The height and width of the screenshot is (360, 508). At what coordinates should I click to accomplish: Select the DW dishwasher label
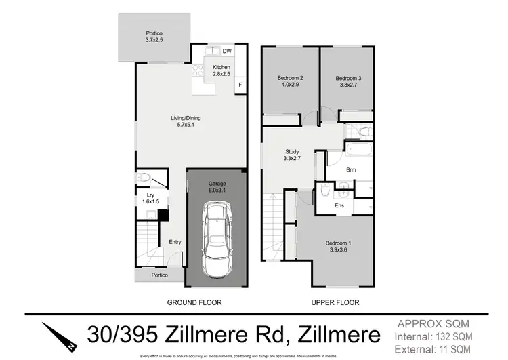click(x=227, y=51)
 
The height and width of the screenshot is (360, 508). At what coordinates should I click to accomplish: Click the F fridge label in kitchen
click(x=239, y=85)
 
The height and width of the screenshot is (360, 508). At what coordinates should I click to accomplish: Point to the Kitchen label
click(x=221, y=71)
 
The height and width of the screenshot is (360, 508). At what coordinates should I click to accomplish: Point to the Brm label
click(x=351, y=170)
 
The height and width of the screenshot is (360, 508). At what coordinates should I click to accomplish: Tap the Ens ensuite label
click(x=340, y=205)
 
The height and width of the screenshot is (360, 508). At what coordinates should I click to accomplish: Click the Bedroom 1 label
click(x=338, y=245)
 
